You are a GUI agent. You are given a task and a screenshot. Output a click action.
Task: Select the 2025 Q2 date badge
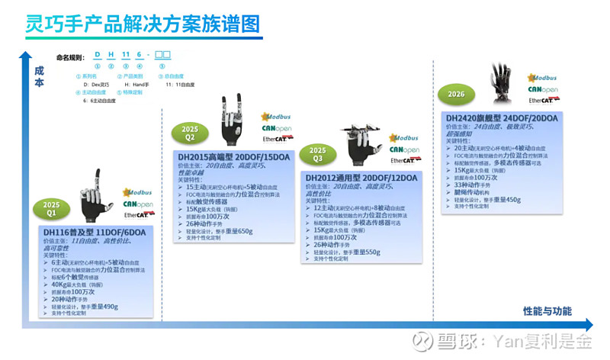190,133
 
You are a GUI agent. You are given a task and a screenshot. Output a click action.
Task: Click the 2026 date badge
456,94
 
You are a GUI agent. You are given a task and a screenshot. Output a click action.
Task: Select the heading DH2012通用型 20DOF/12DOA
361,178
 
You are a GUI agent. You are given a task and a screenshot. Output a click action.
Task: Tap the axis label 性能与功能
547,310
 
